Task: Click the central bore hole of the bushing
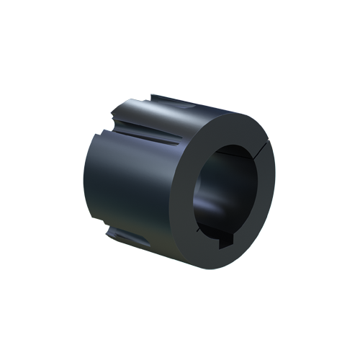coord(223,194)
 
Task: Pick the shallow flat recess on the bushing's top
coord(180,106)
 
